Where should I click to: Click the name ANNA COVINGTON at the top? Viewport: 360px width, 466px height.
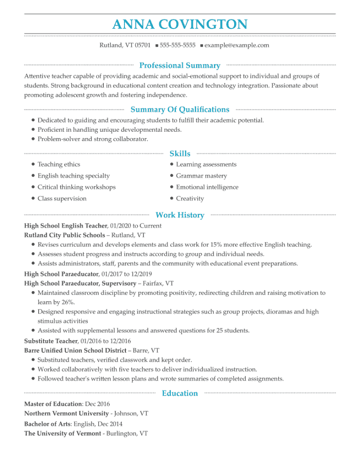click(180, 24)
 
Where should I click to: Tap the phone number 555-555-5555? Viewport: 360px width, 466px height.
click(177, 45)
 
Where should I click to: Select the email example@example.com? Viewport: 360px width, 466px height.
click(236, 45)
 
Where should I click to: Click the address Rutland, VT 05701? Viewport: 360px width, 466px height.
click(125, 45)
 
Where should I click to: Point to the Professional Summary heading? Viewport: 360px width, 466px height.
click(180, 66)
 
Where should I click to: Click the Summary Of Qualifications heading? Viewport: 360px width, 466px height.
click(180, 109)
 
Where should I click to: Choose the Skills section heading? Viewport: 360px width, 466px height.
click(180, 153)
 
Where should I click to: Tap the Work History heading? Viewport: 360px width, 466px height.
click(180, 215)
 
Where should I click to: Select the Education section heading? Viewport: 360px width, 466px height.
click(180, 393)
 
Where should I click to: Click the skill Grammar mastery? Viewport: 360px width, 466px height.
click(201, 176)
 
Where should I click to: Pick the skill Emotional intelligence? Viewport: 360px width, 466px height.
click(207, 187)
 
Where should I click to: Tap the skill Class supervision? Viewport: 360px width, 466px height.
click(62, 199)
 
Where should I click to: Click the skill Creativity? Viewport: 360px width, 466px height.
click(190, 199)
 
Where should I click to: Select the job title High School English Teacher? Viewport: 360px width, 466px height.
click(65, 226)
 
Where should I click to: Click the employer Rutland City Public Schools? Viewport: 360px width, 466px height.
click(64, 236)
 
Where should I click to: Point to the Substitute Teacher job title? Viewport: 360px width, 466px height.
click(51, 341)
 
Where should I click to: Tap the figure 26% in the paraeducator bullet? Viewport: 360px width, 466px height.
click(67, 303)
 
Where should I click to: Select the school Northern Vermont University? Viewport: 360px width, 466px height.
click(66, 414)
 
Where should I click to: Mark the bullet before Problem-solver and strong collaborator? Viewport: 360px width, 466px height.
click(34, 139)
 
